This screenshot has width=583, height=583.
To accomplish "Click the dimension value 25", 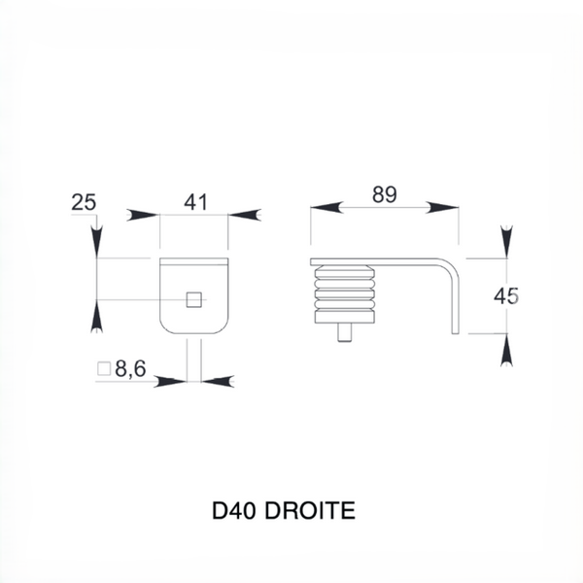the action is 84,203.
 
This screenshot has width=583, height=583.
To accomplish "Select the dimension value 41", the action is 196,202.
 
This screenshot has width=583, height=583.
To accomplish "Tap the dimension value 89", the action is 385,194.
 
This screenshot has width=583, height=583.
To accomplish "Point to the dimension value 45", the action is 505,296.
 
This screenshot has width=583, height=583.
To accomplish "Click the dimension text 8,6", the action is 130,369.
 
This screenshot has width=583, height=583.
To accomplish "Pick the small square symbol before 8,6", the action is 104,369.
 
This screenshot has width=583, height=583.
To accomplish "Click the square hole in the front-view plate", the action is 194,299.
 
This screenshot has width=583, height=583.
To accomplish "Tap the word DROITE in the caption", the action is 310,510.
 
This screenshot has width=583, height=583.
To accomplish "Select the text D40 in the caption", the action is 233,510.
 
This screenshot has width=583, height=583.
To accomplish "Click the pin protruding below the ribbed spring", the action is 345,332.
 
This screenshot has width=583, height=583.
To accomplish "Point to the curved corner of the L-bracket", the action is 452,267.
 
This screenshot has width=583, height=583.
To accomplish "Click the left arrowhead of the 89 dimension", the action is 326,208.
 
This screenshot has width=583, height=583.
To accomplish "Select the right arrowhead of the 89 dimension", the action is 442,208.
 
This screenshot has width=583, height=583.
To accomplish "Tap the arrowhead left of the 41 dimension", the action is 143,215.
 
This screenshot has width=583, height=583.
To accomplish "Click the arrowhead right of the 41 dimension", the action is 244,215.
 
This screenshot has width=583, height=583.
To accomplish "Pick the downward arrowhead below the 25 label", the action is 96,242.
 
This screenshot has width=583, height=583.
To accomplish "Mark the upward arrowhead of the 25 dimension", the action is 96,316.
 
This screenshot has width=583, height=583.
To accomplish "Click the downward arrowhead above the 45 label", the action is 506,242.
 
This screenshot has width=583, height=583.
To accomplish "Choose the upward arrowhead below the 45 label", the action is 506,350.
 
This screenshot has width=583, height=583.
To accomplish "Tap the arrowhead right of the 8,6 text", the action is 218,382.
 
